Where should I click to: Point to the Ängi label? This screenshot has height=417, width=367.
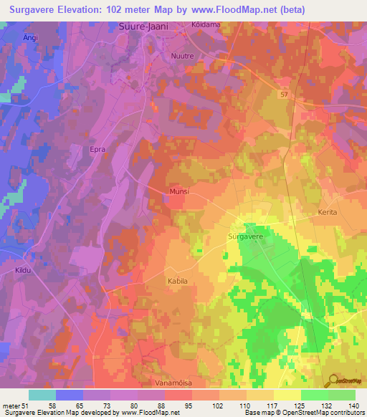[10, 37]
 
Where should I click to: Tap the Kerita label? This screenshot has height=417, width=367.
[327, 213]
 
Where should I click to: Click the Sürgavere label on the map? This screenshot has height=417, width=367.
[247, 235]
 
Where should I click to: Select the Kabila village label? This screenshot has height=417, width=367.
[177, 281]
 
